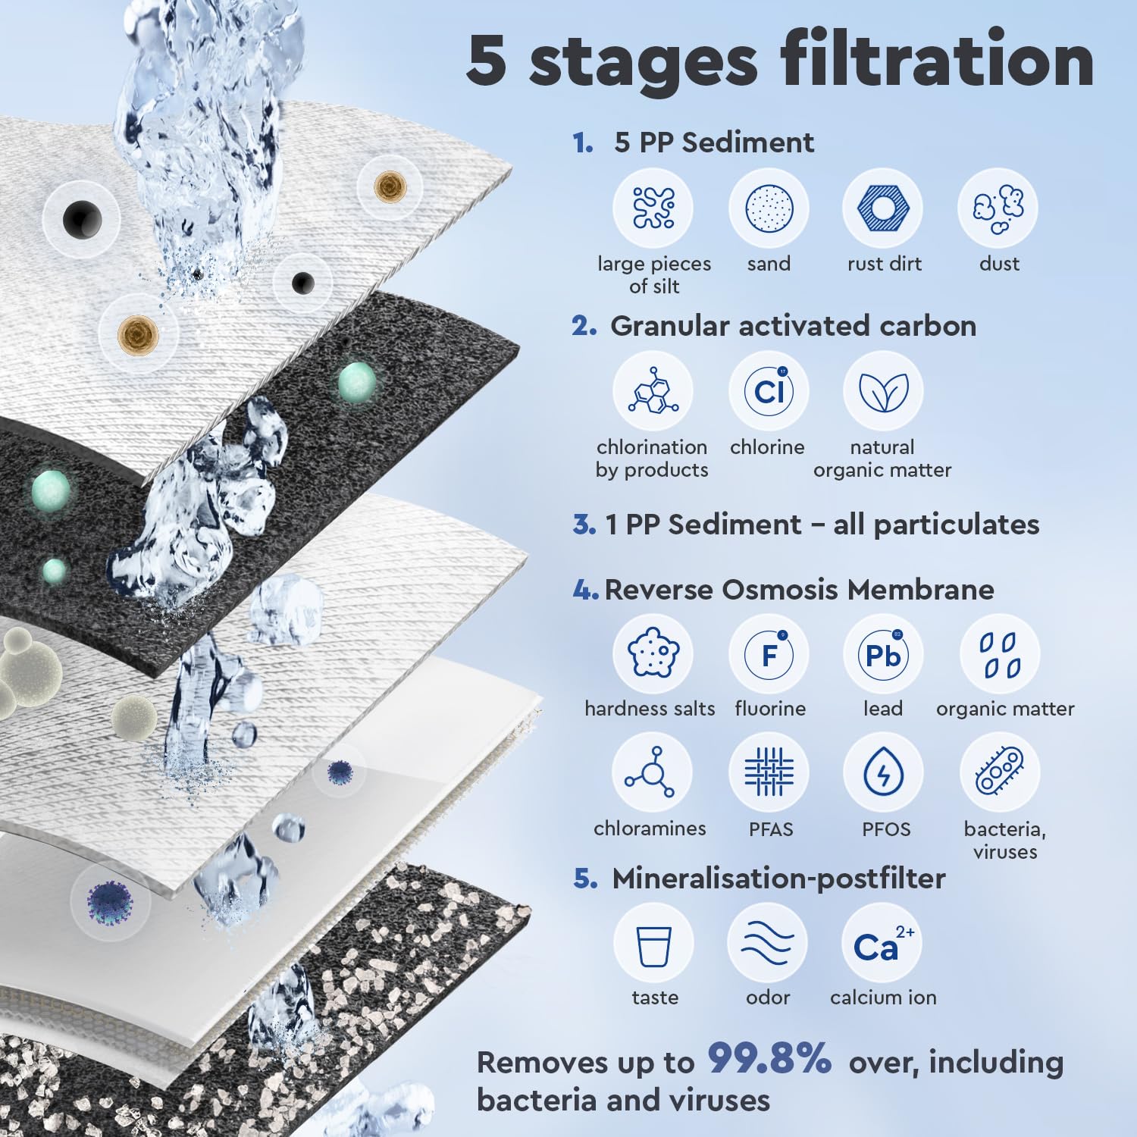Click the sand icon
tap(769, 208)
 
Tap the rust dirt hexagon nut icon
tap(882, 208)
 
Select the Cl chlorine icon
tap(769, 391)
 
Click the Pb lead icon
tap(882, 654)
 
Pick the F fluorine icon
tap(769, 654)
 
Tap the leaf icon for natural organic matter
tap(882, 391)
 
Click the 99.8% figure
tap(769, 1059)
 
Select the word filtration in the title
tap(925, 61)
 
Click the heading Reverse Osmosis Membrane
tap(799, 590)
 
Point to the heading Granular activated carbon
tap(793, 326)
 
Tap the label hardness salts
tap(650, 709)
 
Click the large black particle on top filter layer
tap(81, 220)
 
